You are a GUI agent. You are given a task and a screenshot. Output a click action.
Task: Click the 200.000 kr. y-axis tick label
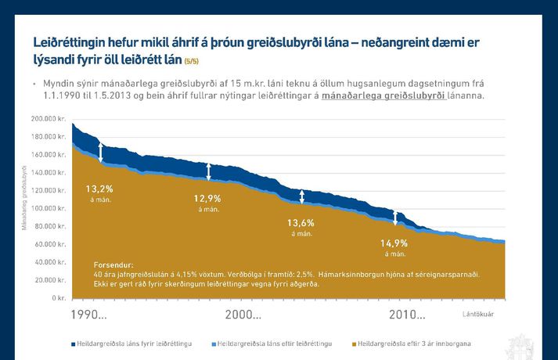[49, 119]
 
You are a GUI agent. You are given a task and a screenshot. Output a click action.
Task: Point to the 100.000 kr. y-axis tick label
[49, 209]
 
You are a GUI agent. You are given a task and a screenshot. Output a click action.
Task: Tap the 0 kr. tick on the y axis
[57, 298]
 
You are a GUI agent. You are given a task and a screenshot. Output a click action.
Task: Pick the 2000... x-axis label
[243, 315]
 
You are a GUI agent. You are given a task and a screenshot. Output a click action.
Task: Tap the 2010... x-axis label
[407, 315]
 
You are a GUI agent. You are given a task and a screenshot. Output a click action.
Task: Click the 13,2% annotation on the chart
[100, 189]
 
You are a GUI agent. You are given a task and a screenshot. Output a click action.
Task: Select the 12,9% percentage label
[207, 199]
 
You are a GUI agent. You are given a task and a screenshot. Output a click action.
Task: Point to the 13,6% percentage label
[302, 222]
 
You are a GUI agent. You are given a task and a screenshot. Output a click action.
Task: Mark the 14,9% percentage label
[394, 243]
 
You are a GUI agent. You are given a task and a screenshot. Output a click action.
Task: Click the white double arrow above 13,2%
[100, 152]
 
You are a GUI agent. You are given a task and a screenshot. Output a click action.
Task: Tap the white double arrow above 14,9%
[394, 218]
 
